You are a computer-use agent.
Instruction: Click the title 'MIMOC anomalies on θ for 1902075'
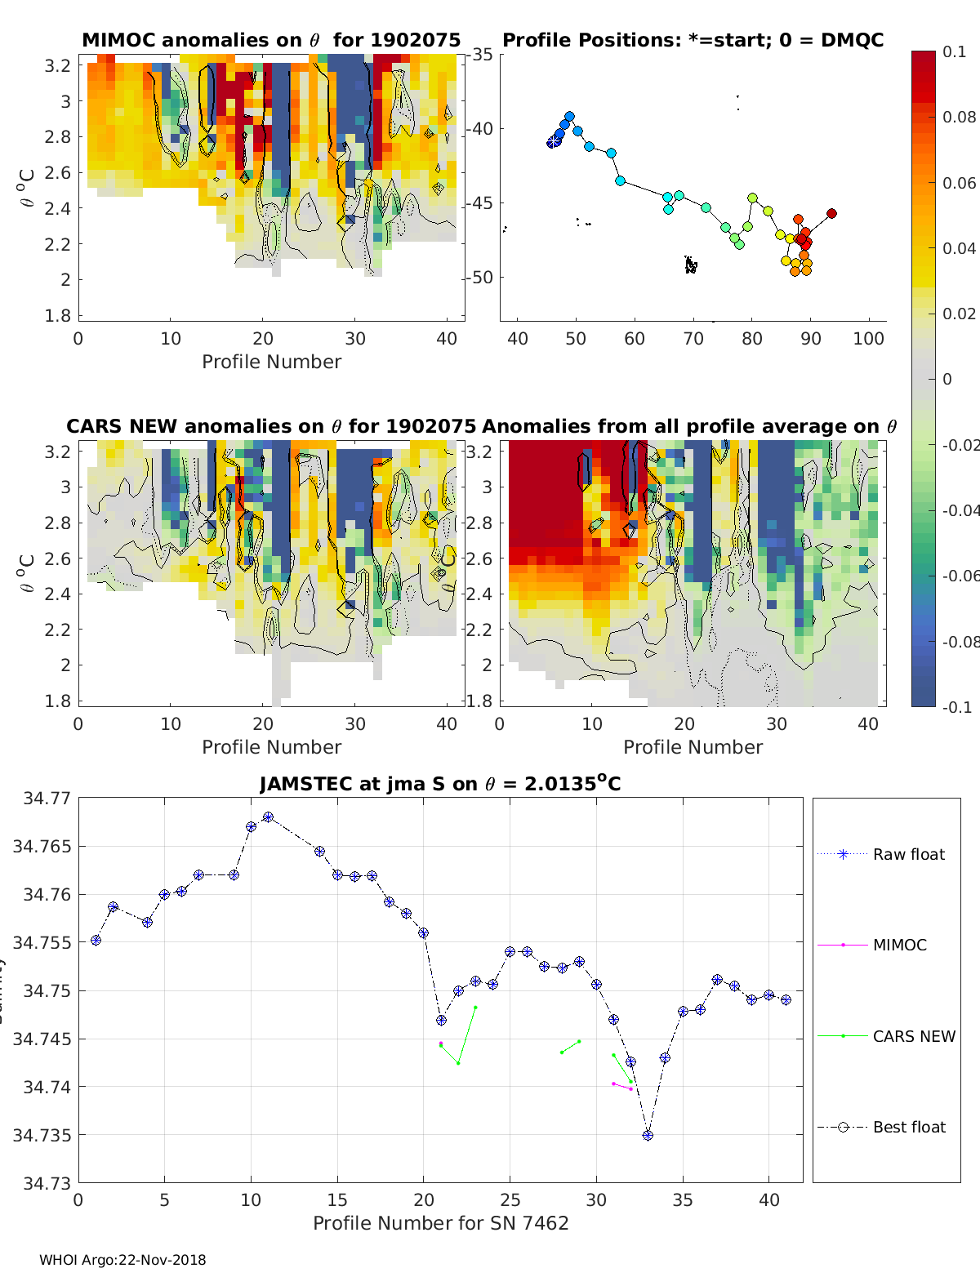point(271,40)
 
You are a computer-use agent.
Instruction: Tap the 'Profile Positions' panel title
point(693,40)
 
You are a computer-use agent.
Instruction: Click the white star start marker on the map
point(554,141)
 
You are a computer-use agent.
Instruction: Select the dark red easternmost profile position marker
point(831,214)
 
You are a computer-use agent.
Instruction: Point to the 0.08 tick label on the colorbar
point(959,117)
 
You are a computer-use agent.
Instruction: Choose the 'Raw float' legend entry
point(908,854)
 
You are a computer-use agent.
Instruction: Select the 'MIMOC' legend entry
point(899,945)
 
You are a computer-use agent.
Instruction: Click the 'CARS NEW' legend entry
point(913,1036)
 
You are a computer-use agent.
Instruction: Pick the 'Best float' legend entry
point(908,1127)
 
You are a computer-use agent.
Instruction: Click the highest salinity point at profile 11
point(268,817)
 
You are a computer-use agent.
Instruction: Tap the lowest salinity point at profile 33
point(648,1136)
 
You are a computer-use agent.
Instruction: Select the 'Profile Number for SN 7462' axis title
point(440,1223)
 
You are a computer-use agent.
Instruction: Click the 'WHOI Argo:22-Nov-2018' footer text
point(122,1260)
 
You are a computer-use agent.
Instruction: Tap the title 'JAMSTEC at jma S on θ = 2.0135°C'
point(440,784)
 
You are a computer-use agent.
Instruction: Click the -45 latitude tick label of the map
point(479,203)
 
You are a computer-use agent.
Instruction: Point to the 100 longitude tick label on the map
point(868,339)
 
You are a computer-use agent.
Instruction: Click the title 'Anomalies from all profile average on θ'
point(689,426)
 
